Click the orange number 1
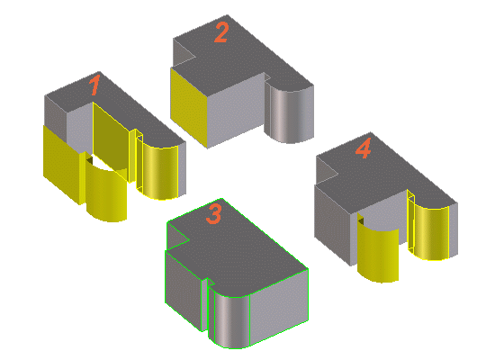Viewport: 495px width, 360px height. [x=94, y=85]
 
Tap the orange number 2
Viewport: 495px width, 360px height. [x=221, y=32]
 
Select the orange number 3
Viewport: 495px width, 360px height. [x=214, y=214]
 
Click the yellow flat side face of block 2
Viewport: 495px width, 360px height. [x=189, y=107]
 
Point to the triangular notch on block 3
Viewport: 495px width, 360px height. [x=176, y=237]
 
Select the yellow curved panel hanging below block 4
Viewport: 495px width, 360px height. [x=378, y=249]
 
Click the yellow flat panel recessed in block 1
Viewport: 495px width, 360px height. [x=111, y=136]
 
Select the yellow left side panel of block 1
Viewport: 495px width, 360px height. [x=62, y=164]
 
